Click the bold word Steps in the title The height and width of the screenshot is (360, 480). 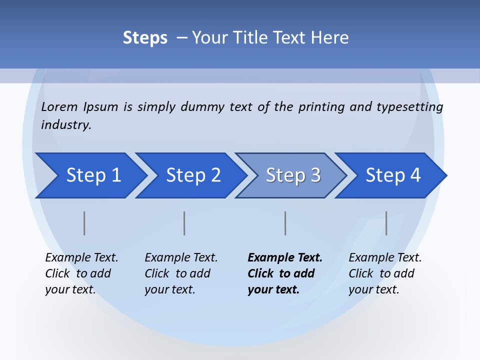pyautogui.click(x=145, y=37)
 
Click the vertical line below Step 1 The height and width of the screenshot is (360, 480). pyautogui.click(x=84, y=223)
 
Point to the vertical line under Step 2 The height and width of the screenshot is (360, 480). pyautogui.click(x=184, y=223)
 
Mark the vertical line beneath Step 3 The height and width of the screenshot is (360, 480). pyautogui.click(x=285, y=223)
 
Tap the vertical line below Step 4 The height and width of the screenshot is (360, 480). pyautogui.click(x=386, y=223)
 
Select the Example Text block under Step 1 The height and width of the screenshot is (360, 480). pyautogui.click(x=81, y=273)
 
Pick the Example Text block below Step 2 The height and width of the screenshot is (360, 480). pyautogui.click(x=180, y=273)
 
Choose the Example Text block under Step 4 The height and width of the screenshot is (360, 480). pyautogui.click(x=384, y=273)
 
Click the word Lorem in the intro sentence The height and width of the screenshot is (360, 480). pyautogui.click(x=59, y=107)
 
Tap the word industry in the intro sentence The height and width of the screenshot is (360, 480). pyautogui.click(x=66, y=124)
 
